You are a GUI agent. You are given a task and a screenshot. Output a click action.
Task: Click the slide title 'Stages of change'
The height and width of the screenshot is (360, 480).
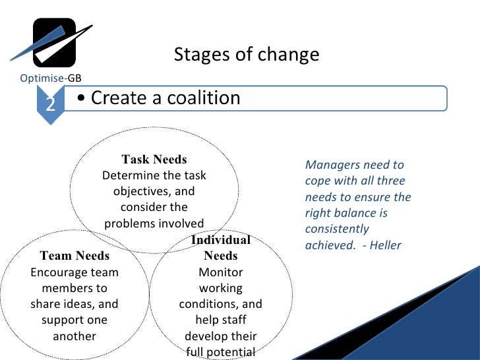tap(246, 55)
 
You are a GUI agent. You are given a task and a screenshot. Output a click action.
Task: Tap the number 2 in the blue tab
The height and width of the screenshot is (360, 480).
tap(50, 104)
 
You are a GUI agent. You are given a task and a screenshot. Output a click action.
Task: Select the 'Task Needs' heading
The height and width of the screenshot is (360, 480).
tap(154, 160)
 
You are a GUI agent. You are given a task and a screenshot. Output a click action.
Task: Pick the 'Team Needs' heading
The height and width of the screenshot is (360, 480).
tap(75, 256)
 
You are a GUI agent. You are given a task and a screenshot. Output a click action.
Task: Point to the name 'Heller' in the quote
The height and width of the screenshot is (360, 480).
tap(385, 245)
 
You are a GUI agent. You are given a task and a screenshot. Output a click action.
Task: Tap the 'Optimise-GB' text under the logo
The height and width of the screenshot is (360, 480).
tap(51, 78)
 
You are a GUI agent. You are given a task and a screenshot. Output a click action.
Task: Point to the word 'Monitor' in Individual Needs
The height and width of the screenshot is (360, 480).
tap(220, 272)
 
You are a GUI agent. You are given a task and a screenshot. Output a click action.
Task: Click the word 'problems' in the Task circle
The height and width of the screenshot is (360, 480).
tap(130, 223)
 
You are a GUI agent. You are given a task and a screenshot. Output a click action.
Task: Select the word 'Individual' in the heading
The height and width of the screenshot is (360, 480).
tap(220, 240)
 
